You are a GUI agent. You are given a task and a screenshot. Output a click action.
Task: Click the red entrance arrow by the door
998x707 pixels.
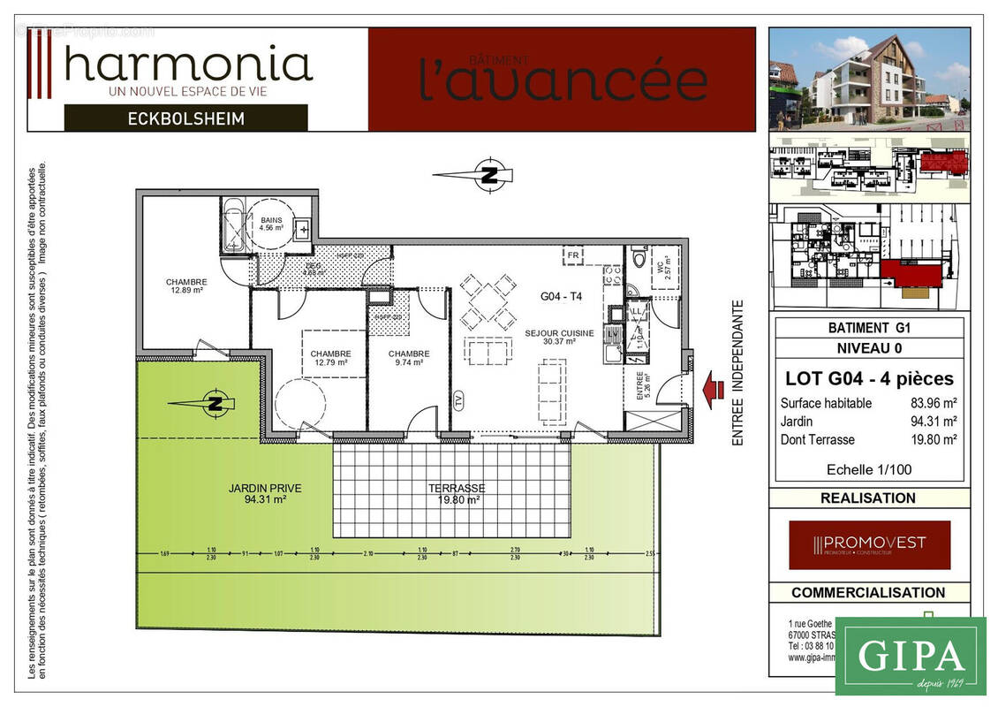click(713, 388)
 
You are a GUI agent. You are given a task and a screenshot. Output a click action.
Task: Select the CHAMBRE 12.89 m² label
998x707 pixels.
click(185, 286)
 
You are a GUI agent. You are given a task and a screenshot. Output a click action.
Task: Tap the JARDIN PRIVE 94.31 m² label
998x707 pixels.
click(265, 493)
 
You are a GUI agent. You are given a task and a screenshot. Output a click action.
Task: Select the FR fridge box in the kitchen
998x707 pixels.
click(573, 256)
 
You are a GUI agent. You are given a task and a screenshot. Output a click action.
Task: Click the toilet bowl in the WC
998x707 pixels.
click(639, 259)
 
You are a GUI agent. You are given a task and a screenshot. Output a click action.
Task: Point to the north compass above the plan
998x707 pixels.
click(488, 174)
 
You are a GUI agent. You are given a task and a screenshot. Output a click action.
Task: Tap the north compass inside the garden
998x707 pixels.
click(214, 403)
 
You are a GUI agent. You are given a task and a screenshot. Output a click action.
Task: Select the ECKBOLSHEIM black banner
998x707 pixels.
click(185, 118)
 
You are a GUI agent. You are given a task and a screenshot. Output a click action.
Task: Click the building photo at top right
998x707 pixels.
click(869, 80)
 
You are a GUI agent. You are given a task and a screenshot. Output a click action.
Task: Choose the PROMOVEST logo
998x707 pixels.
click(869, 544)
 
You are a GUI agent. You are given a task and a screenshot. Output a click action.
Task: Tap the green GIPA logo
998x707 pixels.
click(910, 656)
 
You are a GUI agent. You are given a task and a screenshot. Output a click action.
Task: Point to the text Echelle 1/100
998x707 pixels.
click(869, 469)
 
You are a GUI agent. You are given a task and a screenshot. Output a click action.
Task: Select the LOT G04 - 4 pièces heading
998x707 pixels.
click(869, 379)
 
